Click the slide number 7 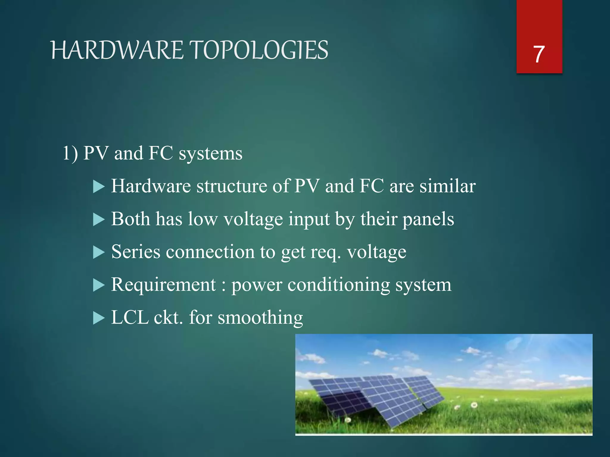[539, 54]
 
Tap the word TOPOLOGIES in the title [259, 50]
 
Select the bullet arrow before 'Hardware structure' [99, 187]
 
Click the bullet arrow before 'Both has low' [99, 220]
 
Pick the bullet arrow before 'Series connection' [99, 253]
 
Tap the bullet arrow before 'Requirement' [99, 286]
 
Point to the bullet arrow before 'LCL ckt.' [99, 318]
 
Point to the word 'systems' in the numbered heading [210, 154]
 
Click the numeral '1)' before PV [70, 154]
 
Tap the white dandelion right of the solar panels [474, 405]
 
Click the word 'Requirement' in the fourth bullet [164, 285]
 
